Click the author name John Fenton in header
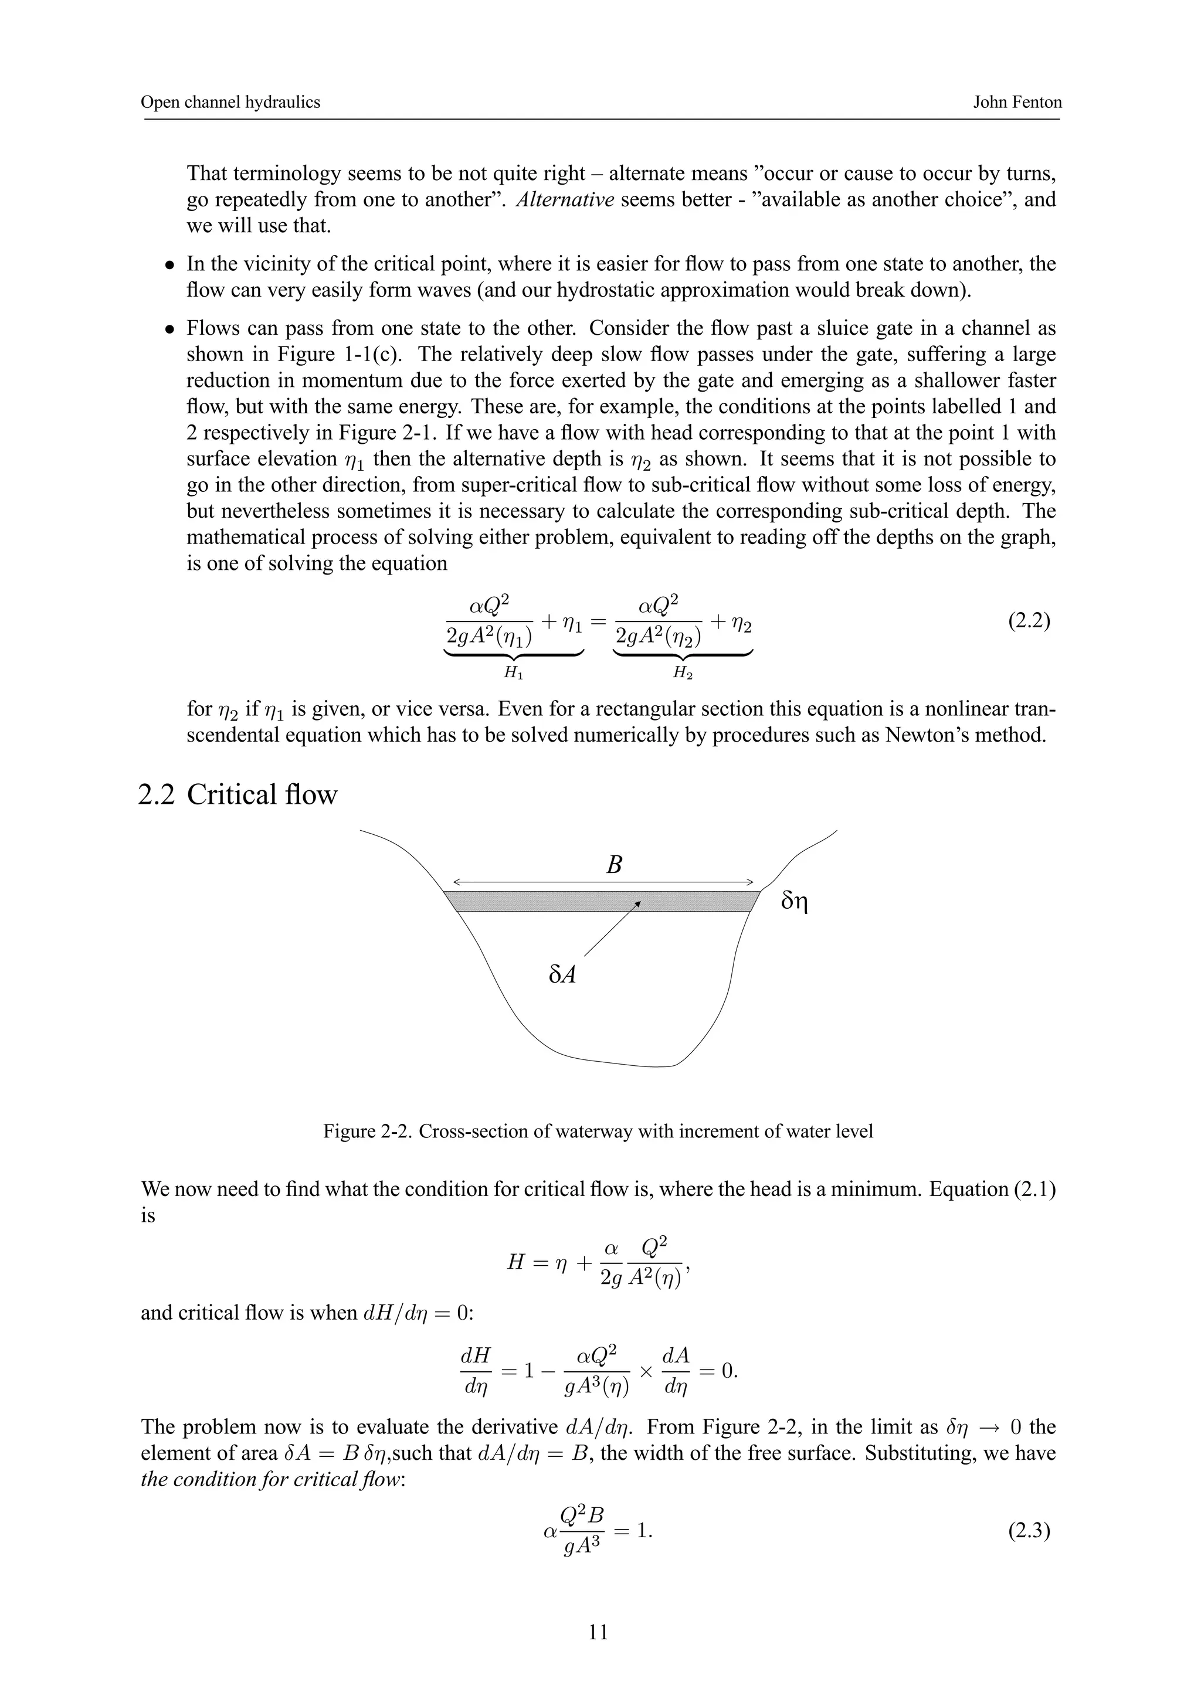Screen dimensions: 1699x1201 click(x=1017, y=102)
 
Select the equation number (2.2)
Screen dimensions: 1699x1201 click(x=1029, y=620)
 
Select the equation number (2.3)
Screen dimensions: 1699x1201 click(x=1029, y=1530)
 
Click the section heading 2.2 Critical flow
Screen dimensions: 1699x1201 click(x=238, y=794)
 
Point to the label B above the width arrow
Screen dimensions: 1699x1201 click(x=613, y=864)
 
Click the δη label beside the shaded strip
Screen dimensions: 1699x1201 click(x=795, y=902)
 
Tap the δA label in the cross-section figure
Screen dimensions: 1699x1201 click(x=562, y=974)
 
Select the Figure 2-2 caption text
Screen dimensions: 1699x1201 click(x=598, y=1131)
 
